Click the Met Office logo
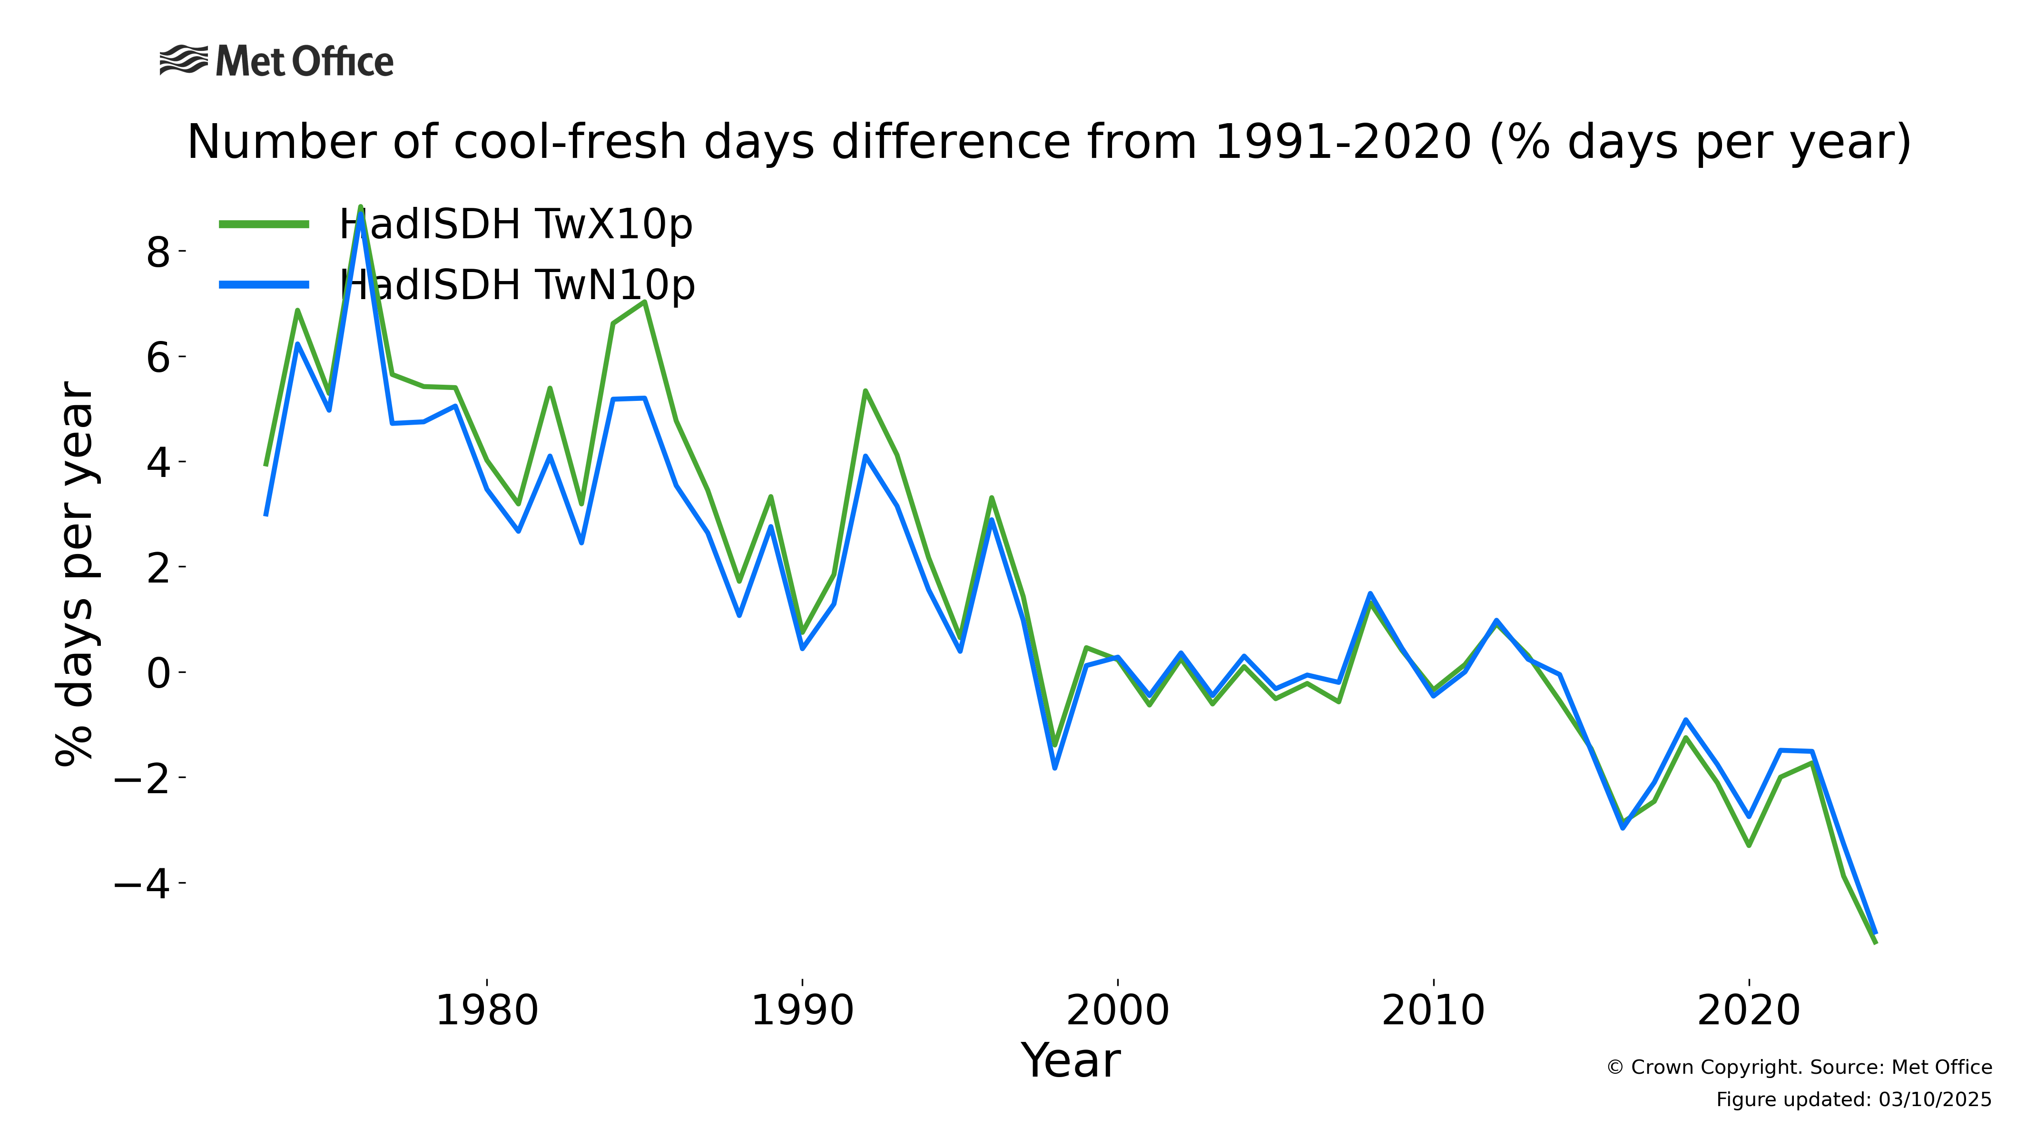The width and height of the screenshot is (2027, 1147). (276, 61)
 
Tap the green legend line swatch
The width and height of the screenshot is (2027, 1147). (264, 224)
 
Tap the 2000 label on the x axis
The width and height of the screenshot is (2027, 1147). (1118, 1011)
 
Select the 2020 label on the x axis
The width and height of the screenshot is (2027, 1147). (1749, 1011)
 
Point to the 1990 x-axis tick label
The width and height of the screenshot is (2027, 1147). (802, 1011)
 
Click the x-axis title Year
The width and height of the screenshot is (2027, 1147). (1070, 1061)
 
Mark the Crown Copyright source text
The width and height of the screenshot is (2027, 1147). (1799, 1068)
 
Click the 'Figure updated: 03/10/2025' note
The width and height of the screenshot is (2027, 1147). (1854, 1100)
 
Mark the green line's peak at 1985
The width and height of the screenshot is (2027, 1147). (645, 301)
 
